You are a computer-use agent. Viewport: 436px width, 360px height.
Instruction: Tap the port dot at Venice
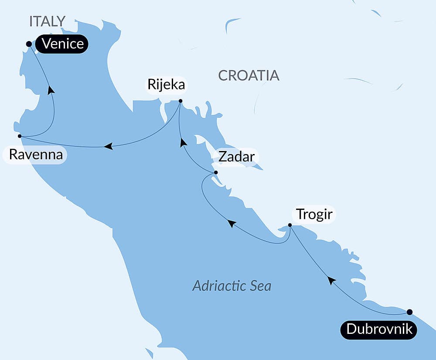(29, 44)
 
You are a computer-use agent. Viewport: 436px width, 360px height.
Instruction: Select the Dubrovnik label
(379, 329)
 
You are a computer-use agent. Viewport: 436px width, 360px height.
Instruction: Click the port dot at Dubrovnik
(409, 312)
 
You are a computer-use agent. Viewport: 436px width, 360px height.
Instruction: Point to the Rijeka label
(166, 85)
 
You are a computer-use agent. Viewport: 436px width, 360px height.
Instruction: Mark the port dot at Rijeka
(181, 101)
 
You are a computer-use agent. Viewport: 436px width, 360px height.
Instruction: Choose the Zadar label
(236, 157)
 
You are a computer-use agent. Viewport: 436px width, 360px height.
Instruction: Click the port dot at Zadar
(216, 173)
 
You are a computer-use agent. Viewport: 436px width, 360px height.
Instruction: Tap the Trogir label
(314, 215)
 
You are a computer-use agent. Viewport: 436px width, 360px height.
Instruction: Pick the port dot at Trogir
(290, 225)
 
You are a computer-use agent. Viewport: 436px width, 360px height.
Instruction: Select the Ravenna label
(35, 155)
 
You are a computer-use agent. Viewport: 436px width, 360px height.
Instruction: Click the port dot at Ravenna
(20, 136)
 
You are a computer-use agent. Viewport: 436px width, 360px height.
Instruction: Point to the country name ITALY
(47, 21)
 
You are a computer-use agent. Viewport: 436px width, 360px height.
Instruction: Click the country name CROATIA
(249, 75)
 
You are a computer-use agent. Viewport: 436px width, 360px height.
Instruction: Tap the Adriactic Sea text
(232, 286)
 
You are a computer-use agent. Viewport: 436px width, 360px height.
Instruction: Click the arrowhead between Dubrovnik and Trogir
(332, 280)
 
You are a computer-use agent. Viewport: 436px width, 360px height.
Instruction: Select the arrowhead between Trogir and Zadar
(232, 223)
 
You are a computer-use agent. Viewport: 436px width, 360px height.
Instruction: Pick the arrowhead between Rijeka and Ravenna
(109, 146)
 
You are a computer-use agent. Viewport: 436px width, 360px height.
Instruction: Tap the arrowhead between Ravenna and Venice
(51, 89)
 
